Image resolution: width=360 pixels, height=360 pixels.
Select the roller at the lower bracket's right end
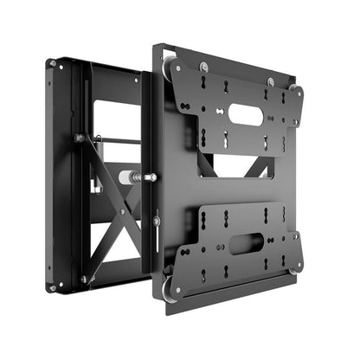pyautogui.click(x=297, y=267)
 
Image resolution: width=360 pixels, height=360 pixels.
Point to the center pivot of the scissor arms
pyautogui.click(x=121, y=211)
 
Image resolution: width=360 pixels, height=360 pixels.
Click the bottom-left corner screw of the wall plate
pyautogui.click(x=54, y=286)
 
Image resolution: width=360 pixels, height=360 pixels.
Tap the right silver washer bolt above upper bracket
pyautogui.click(x=271, y=82)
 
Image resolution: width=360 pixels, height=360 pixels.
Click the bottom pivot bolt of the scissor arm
pyautogui.click(x=84, y=279)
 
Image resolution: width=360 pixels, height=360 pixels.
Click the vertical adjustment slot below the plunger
pyautogui.click(x=156, y=220)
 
